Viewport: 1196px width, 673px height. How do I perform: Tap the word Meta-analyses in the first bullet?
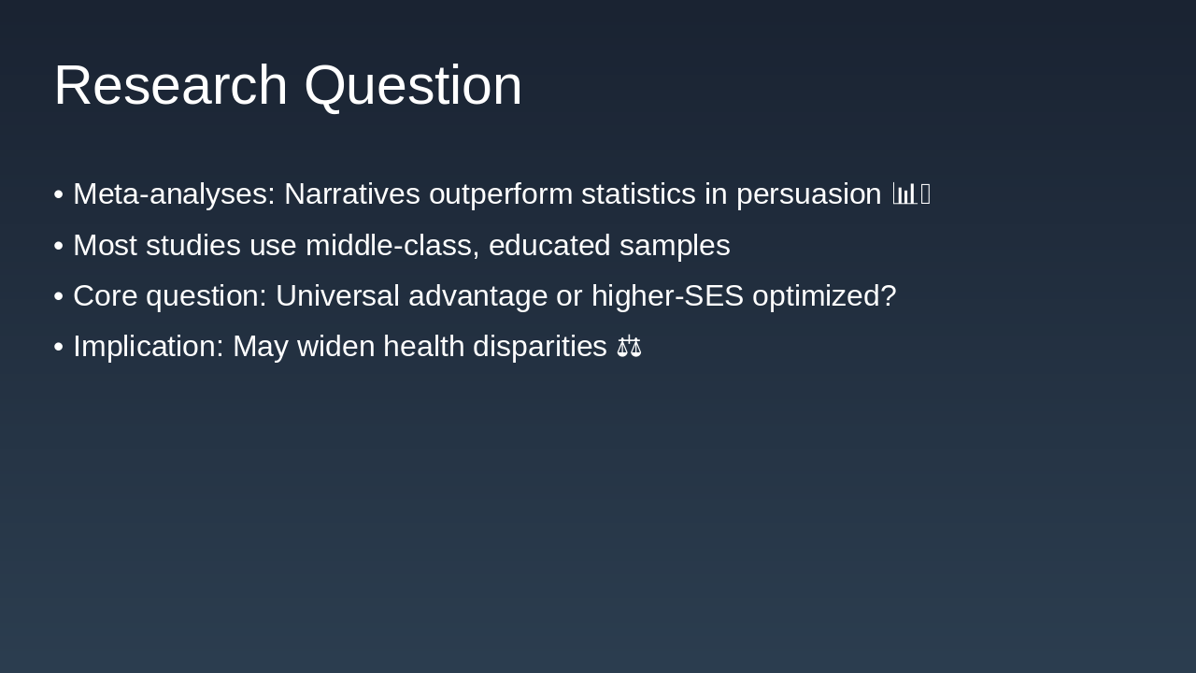coord(174,194)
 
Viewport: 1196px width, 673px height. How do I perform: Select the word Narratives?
coord(351,194)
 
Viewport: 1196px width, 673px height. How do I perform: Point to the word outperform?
coord(500,194)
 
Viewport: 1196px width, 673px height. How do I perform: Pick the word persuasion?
coord(808,194)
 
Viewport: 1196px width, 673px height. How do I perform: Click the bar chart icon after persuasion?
coord(904,194)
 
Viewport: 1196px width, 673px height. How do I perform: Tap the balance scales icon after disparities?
coord(629,347)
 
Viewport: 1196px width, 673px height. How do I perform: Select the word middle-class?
coord(392,246)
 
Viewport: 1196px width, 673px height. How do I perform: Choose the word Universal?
coord(342,296)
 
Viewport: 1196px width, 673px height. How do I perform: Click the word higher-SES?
coord(667,296)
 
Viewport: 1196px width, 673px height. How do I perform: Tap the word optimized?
coord(823,296)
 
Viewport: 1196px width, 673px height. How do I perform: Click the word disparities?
coord(539,347)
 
